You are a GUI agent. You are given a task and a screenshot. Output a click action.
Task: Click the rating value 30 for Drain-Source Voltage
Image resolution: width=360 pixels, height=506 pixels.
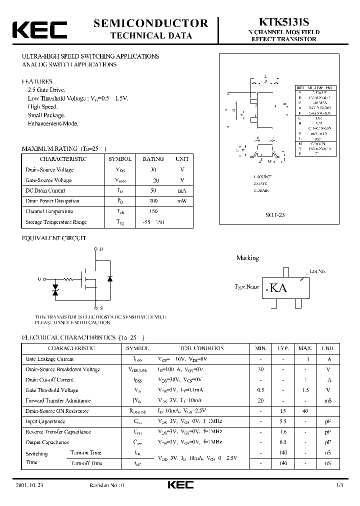(x=153, y=169)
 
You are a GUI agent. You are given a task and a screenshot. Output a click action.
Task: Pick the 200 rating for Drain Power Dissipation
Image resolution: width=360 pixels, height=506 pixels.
(x=153, y=201)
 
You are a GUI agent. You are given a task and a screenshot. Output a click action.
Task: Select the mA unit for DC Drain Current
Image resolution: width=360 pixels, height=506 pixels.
(x=182, y=190)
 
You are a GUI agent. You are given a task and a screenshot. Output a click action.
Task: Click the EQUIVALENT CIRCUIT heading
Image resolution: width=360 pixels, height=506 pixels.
(x=54, y=238)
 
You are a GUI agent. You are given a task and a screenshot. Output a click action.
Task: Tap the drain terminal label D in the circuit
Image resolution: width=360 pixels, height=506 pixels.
(x=101, y=248)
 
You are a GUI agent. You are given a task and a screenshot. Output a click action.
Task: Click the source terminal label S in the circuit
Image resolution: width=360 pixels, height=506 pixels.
(x=101, y=308)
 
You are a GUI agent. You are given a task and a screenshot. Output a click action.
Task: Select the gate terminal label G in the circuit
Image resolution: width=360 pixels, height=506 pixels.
(x=39, y=279)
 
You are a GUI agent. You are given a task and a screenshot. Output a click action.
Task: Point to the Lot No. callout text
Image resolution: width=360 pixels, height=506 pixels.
(x=317, y=271)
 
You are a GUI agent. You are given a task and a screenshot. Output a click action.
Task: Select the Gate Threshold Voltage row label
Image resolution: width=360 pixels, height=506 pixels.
(x=52, y=390)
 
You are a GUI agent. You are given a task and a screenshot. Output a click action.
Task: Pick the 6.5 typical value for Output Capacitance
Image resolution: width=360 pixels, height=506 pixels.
(x=283, y=442)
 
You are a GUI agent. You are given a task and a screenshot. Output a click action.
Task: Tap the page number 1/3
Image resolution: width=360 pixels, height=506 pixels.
(x=340, y=485)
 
